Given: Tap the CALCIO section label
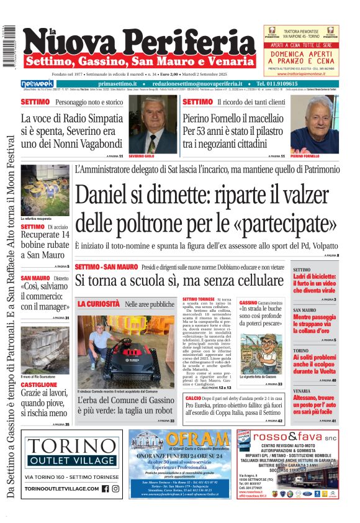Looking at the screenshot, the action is click(x=193, y=397).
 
